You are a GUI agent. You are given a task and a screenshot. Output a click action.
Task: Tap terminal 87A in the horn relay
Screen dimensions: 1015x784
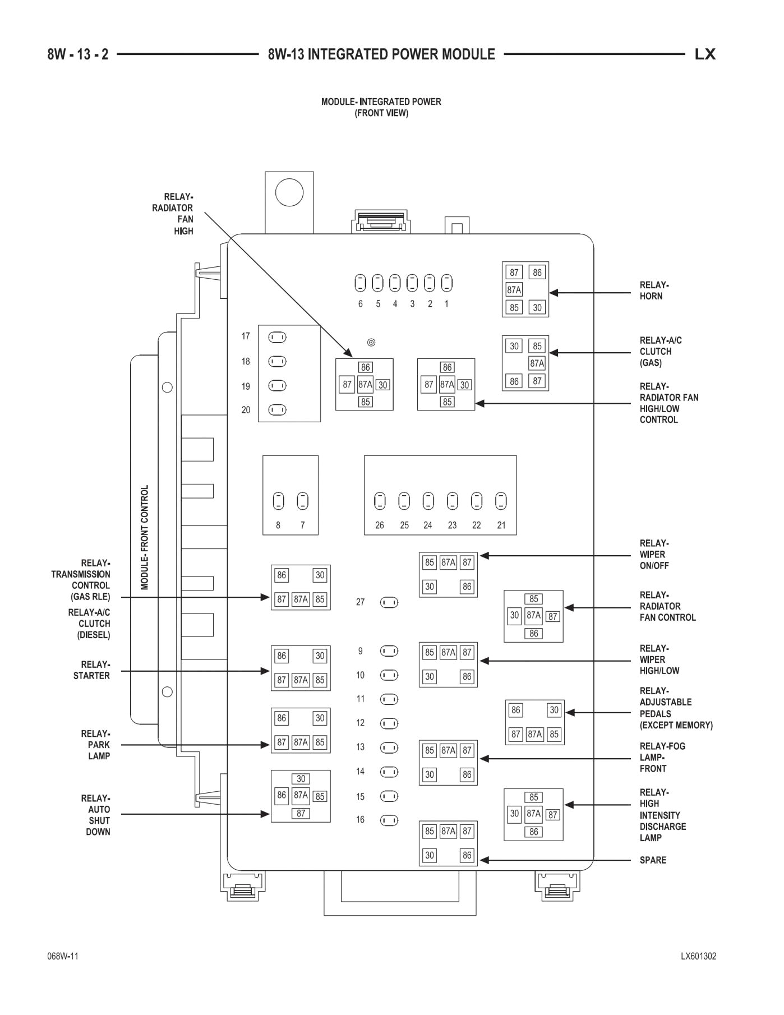514,290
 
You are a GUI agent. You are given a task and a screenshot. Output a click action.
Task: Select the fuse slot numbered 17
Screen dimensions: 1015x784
277,337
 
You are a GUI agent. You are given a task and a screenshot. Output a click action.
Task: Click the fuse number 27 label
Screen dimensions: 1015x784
360,602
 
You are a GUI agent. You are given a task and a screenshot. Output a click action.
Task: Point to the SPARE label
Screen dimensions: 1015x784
653,860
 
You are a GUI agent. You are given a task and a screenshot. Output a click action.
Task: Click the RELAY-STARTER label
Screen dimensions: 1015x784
91,670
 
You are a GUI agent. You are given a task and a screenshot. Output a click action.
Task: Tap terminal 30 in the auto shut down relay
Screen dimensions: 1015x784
301,779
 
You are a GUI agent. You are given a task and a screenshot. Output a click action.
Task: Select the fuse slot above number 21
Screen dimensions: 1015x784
501,501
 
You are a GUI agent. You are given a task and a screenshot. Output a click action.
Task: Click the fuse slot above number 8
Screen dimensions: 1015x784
278,501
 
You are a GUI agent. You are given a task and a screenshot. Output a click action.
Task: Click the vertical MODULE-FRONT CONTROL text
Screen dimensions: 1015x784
145,537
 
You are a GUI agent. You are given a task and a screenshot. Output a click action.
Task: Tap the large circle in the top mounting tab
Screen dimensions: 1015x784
289,193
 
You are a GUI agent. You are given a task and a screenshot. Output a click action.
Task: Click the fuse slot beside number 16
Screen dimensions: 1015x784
389,820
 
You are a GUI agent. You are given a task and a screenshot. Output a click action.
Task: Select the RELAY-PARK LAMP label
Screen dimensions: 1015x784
95,745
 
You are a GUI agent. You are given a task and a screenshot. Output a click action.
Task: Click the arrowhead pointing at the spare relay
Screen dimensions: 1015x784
485,860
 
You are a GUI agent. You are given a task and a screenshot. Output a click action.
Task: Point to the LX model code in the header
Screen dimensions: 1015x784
705,54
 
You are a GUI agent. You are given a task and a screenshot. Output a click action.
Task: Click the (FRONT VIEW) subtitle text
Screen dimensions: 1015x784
381,113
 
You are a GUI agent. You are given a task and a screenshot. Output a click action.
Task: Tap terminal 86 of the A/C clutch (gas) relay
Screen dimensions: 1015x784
514,381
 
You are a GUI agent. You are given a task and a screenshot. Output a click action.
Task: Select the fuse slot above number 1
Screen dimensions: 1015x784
447,283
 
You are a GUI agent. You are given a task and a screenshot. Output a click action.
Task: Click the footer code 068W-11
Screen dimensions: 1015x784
63,957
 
